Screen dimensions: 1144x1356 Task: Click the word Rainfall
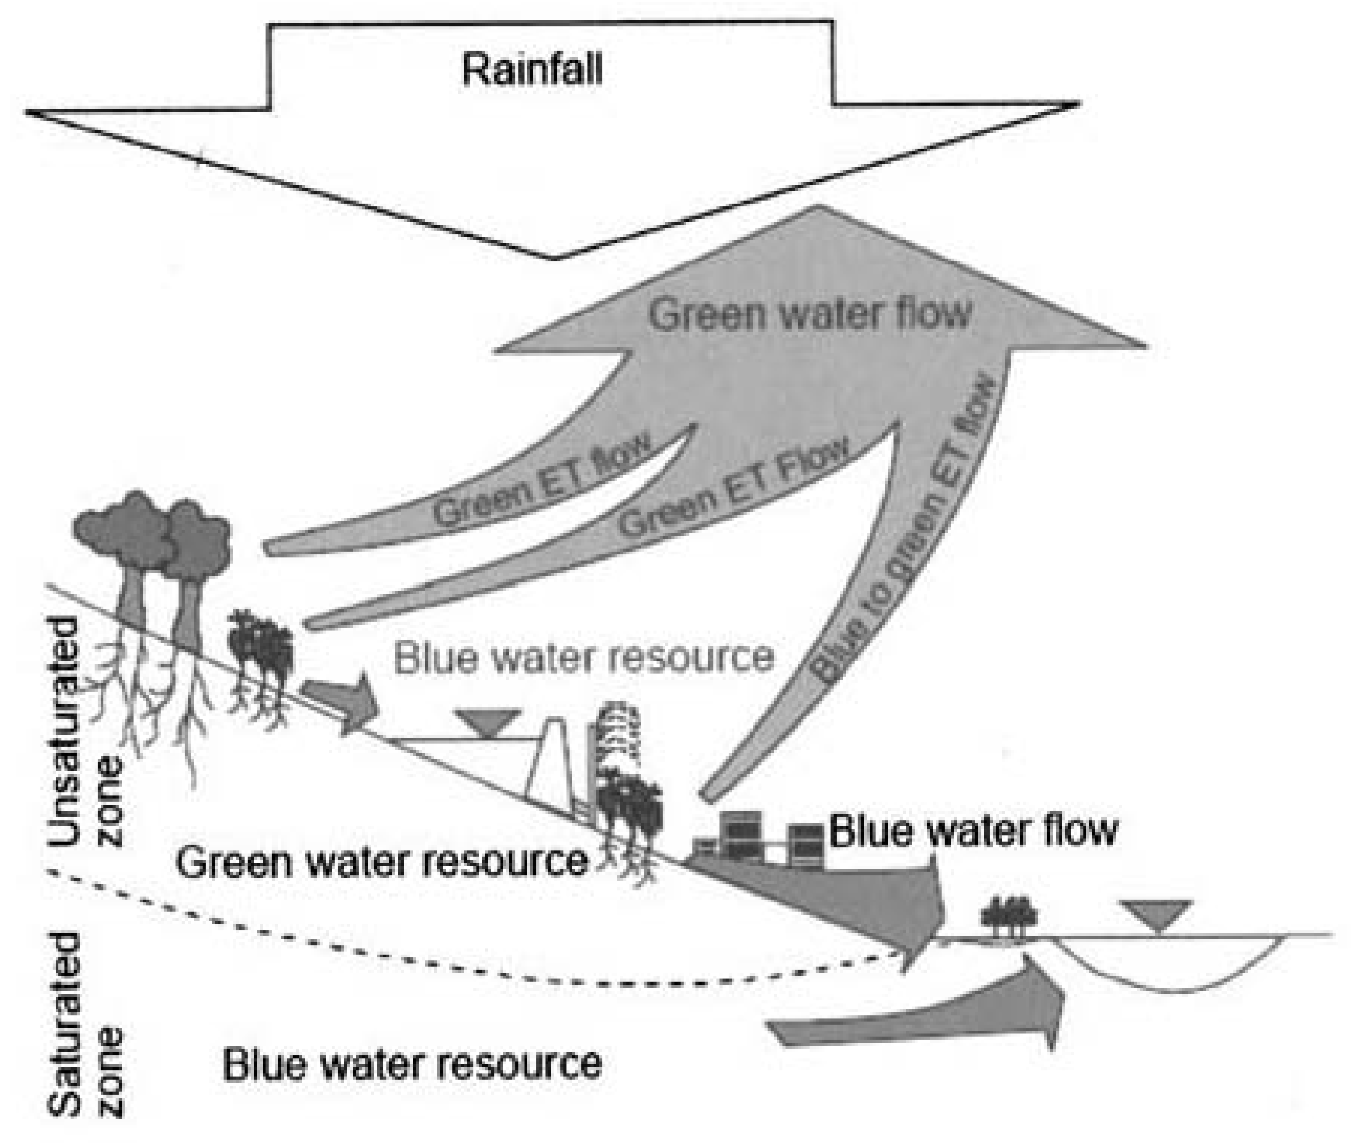532,70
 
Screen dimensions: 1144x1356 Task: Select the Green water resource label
381,862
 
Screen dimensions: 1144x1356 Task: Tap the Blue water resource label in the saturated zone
412,1064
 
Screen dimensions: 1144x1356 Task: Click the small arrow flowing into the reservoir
340,704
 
